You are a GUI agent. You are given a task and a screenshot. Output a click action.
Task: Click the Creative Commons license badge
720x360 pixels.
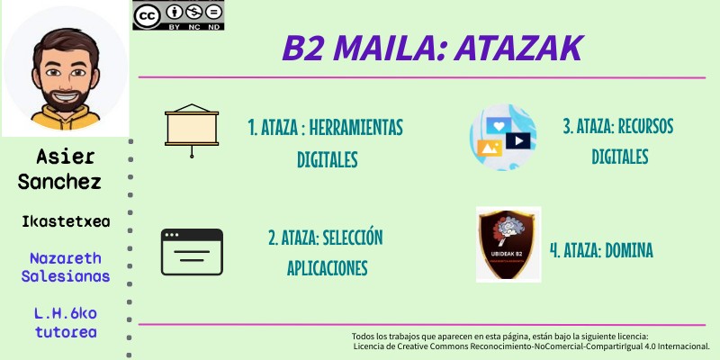(x=177, y=16)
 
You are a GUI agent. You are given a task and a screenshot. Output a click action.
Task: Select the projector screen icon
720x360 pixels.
(x=192, y=130)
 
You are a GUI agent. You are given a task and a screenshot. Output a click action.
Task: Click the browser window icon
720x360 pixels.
(x=192, y=251)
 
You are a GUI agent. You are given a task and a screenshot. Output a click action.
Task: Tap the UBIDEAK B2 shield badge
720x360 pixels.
(x=508, y=244)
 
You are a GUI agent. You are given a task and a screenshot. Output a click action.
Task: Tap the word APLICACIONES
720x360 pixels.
(x=328, y=268)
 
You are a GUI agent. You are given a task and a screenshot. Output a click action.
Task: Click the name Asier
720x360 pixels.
(x=66, y=157)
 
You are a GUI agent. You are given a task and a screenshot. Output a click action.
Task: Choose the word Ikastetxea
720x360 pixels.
(x=66, y=220)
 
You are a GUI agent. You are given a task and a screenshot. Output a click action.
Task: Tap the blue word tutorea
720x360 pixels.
(x=67, y=332)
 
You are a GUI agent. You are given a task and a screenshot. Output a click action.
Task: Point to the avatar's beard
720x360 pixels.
(x=64, y=94)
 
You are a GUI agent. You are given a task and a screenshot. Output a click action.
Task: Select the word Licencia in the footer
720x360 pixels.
(x=373, y=346)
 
